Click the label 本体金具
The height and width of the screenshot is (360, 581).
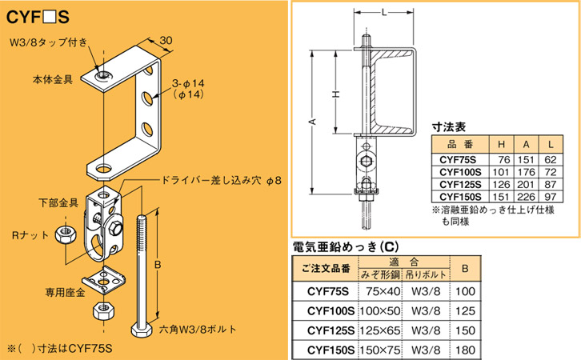point(52,80)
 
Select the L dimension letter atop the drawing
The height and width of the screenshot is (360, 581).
point(385,10)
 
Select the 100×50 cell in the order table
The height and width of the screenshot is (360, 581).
point(379,309)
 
